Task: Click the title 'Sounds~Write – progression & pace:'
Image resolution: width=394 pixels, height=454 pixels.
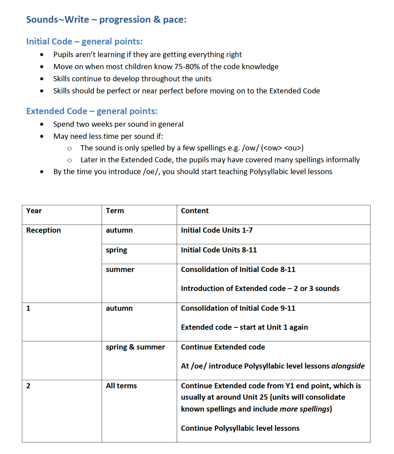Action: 106,19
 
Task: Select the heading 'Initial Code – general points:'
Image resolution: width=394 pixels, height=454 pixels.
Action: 84,42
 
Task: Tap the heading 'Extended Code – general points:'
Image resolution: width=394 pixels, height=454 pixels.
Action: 91,111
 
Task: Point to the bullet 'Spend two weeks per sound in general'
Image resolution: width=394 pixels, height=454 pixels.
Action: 118,124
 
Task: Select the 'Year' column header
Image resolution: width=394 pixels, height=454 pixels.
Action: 34,211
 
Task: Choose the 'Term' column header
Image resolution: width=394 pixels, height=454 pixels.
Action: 115,211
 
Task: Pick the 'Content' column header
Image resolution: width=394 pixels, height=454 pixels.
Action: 194,211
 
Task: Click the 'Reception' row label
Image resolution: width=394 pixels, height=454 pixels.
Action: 43,230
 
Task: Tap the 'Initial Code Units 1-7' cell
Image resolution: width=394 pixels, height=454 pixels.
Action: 216,230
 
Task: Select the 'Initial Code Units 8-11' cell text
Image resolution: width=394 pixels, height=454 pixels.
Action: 219,250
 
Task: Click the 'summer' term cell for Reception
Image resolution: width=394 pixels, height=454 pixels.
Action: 120,270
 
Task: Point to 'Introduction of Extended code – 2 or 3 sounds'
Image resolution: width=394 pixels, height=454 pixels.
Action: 260,288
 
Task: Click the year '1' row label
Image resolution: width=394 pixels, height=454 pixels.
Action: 28,308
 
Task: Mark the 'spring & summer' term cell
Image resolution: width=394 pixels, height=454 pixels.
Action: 135,347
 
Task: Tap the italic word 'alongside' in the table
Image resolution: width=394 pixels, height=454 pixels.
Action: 348,366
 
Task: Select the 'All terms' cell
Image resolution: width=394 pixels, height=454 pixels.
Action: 121,386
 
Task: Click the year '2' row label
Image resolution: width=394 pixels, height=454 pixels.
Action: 28,386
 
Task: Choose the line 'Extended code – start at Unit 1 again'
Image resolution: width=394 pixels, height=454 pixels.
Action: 244,327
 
